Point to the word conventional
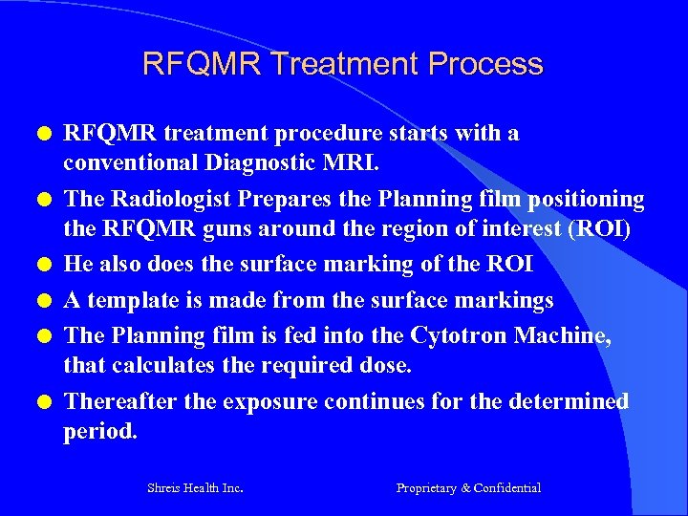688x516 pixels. click(123, 162)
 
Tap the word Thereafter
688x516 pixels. click(119, 401)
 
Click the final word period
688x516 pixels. click(99, 431)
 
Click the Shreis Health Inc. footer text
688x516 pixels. click(195, 488)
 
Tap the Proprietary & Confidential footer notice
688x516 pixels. click(468, 488)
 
